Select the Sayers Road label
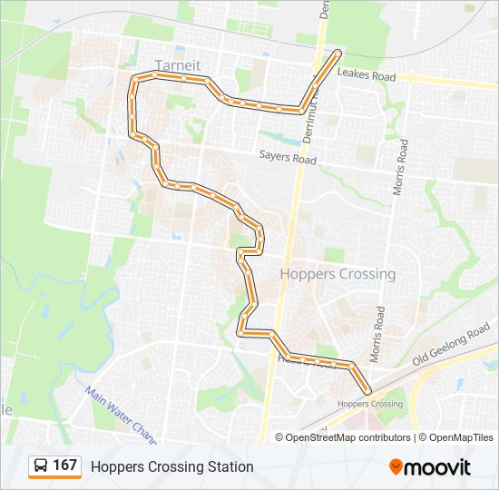click(x=287, y=159)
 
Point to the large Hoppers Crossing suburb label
click(x=338, y=274)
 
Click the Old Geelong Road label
click(x=451, y=349)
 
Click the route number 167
click(x=64, y=465)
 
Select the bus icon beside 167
click(x=41, y=466)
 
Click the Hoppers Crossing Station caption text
click(x=171, y=466)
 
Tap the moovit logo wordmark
click(x=438, y=467)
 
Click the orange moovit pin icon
click(x=396, y=466)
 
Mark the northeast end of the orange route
click(x=338, y=53)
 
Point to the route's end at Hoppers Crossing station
click(x=367, y=391)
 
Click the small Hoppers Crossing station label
click(x=368, y=404)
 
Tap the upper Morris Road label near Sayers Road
click(x=397, y=169)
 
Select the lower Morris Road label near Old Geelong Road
click(x=378, y=332)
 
